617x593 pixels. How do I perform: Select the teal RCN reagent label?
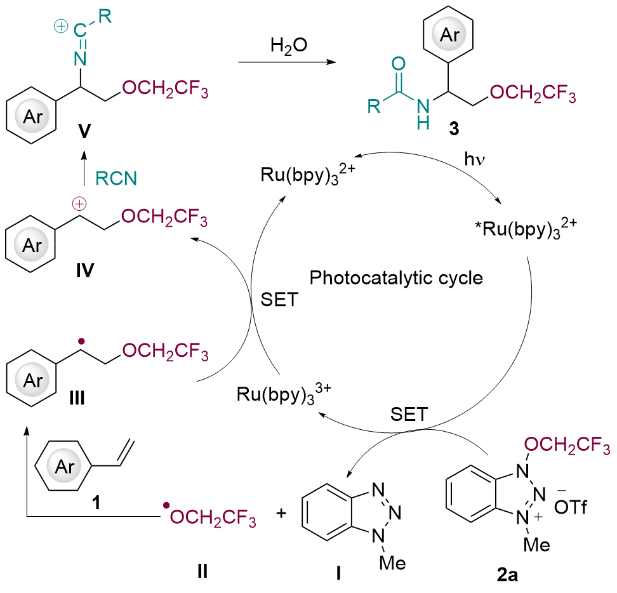click(116, 178)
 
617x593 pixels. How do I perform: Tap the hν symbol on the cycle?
click(474, 159)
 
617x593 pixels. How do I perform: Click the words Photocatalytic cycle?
click(396, 278)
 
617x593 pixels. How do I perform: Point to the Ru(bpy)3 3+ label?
click(284, 394)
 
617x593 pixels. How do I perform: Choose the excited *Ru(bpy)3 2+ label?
click(526, 228)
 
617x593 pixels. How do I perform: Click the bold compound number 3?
click(454, 129)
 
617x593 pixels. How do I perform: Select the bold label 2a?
click(507, 575)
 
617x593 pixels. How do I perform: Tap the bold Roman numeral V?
click(84, 131)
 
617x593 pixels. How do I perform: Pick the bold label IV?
click(85, 270)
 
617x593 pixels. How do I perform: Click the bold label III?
click(77, 398)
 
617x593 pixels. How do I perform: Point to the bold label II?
click(202, 571)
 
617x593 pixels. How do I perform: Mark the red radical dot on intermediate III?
click(81, 342)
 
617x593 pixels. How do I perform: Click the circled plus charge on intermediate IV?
click(79, 204)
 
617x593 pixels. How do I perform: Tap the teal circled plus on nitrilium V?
click(60, 27)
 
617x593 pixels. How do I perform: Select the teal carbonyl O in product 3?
click(398, 63)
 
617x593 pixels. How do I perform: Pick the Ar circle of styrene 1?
click(65, 466)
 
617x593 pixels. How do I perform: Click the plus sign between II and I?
click(281, 513)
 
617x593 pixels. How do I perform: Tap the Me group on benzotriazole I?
click(392, 563)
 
